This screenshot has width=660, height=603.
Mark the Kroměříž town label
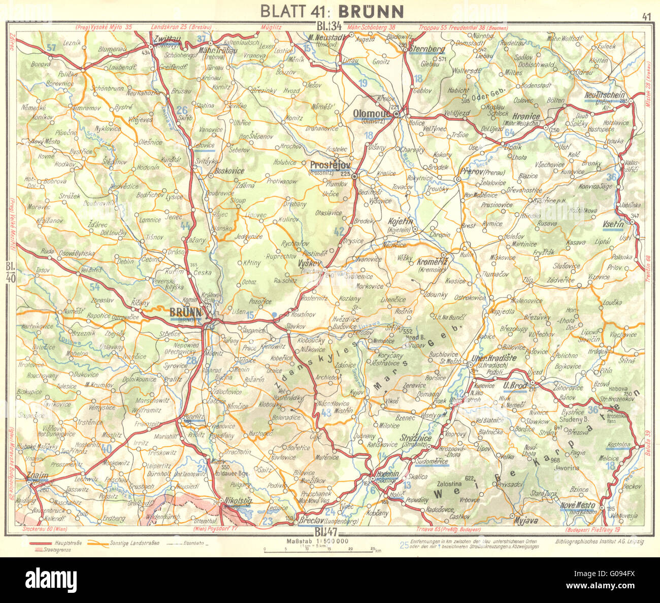[431, 261]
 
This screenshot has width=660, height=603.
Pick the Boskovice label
[229, 171]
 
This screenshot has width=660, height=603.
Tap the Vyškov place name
[310, 263]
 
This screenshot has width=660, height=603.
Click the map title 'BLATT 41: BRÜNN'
[332, 11]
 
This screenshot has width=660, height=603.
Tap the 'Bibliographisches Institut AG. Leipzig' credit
[600, 542]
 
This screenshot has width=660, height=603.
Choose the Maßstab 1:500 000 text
[315, 541]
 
